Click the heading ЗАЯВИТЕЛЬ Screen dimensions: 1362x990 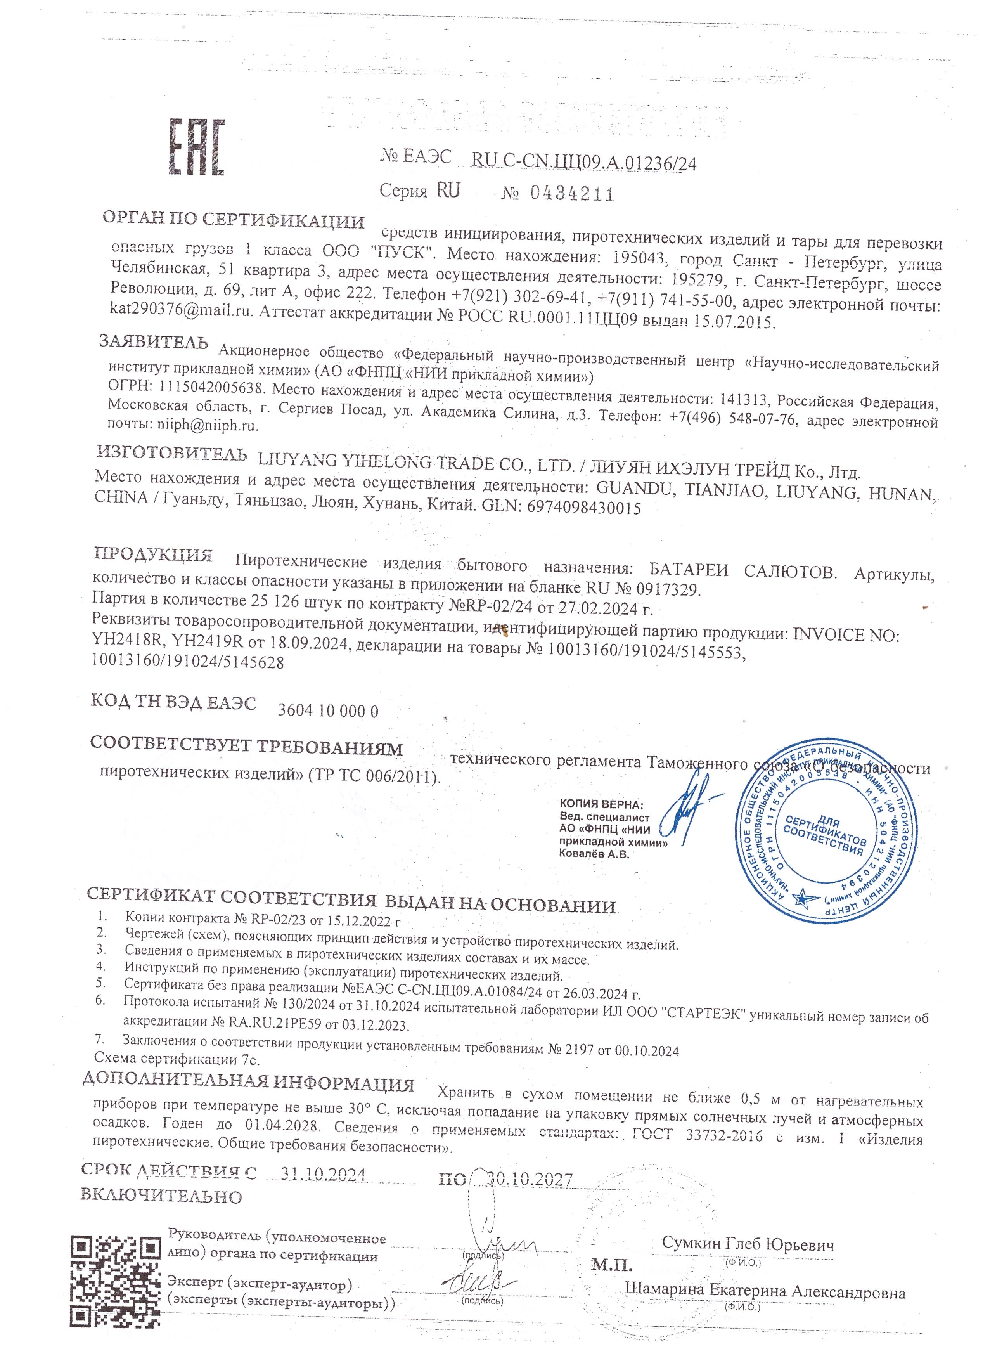click(x=154, y=342)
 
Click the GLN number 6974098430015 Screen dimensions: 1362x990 click(x=583, y=508)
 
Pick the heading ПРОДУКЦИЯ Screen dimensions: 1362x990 click(x=154, y=554)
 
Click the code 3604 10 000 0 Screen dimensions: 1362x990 click(x=328, y=711)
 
